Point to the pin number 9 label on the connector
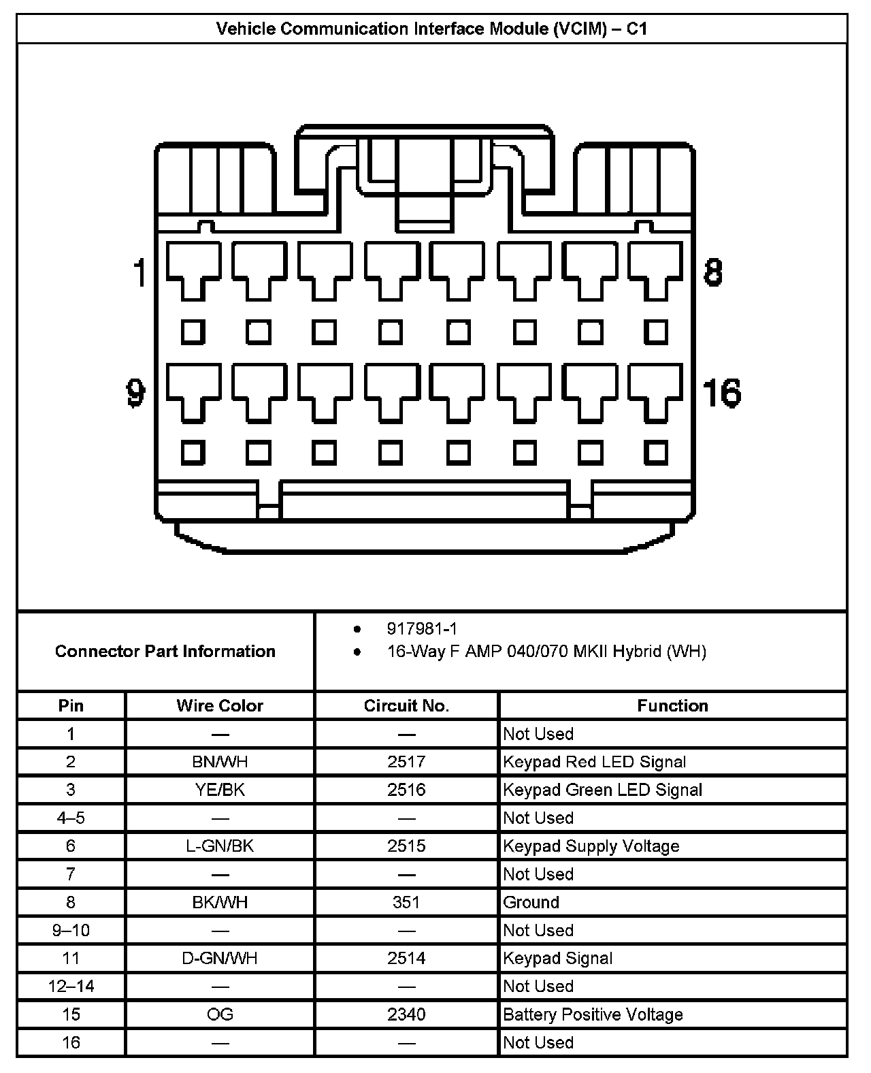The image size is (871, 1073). [x=136, y=393]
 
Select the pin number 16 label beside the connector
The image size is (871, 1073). [x=721, y=393]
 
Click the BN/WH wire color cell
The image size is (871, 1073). [x=220, y=762]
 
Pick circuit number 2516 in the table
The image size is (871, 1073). [x=406, y=790]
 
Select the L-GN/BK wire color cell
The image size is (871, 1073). [x=220, y=846]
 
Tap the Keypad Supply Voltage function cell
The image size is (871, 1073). [x=591, y=846]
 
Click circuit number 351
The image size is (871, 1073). [x=406, y=902]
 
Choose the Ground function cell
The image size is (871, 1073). [x=531, y=902]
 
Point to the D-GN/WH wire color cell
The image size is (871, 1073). [x=220, y=958]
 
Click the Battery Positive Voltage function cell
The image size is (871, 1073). [x=592, y=1014]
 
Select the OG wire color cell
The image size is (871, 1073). [x=220, y=1014]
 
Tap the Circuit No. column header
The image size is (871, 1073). [x=406, y=705]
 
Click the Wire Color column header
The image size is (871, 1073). [x=220, y=705]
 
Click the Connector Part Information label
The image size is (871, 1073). [x=165, y=651]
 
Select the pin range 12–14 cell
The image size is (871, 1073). [x=71, y=986]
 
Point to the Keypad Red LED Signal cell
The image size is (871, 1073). [x=594, y=762]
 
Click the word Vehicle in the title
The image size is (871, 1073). [x=245, y=29]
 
